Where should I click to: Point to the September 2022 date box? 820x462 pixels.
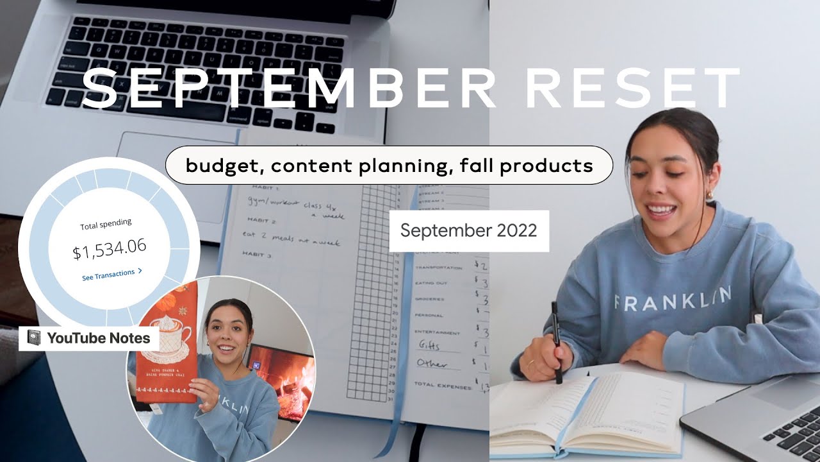(x=469, y=231)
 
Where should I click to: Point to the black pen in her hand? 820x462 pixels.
(x=555, y=340)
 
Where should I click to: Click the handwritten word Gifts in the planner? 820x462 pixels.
(x=429, y=346)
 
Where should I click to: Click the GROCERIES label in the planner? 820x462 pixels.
(x=430, y=299)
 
